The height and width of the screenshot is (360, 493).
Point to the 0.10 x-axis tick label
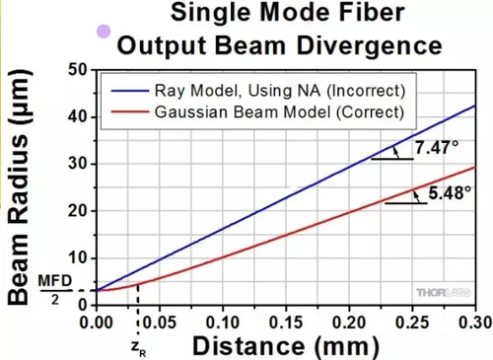click(223, 321)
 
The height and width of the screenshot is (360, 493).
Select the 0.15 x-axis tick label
click(286, 321)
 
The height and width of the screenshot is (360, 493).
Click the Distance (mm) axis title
click(284, 345)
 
